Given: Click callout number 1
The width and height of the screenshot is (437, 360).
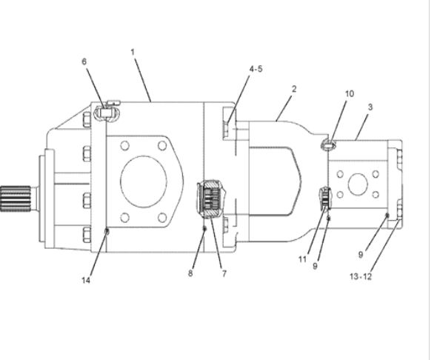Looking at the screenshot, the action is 133,52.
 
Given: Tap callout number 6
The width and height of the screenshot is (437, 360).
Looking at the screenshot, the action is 84,61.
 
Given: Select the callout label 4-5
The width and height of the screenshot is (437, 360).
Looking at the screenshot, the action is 256,69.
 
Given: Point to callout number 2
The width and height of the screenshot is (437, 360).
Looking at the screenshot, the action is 294,89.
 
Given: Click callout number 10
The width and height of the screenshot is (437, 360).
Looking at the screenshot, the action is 350,94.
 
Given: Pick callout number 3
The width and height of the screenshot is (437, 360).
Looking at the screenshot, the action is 370,107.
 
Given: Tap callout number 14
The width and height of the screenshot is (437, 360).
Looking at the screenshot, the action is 86,280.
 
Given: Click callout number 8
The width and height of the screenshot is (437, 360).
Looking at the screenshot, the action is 190,273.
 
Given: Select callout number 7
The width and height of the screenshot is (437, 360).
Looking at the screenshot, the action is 224,274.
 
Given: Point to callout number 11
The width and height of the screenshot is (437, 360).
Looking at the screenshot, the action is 302,259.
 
